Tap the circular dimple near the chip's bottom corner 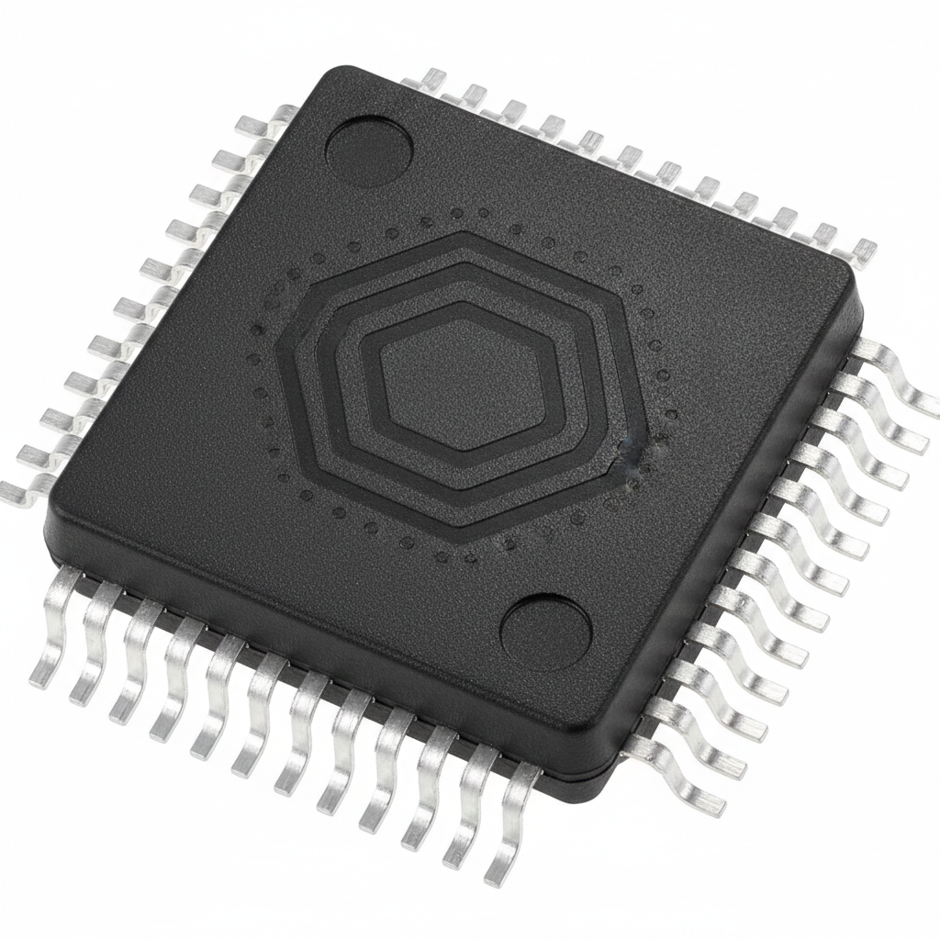[x=546, y=632]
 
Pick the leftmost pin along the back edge [x=431, y=78]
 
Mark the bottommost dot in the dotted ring [x=441, y=556]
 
